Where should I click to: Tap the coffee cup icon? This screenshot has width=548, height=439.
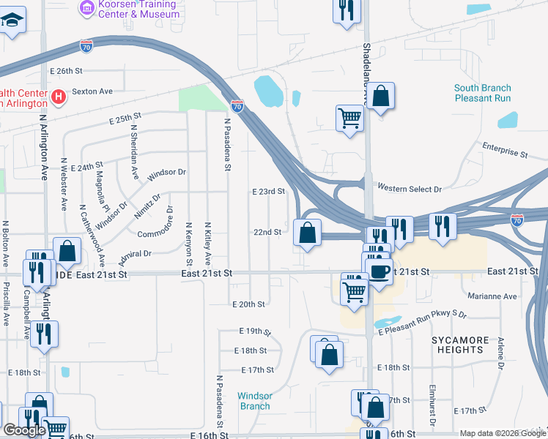379,271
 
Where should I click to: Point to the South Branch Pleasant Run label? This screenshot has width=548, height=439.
482,93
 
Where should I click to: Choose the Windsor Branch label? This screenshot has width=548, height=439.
254,401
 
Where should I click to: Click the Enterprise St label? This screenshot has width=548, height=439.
505,150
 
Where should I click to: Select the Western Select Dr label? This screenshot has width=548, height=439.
410,189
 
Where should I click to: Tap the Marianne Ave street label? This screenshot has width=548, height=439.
495,296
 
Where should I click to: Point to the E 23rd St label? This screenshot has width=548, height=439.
267,191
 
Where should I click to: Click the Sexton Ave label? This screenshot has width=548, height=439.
92,91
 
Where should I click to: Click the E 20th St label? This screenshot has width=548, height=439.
248,304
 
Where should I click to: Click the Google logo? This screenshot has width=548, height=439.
24,430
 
